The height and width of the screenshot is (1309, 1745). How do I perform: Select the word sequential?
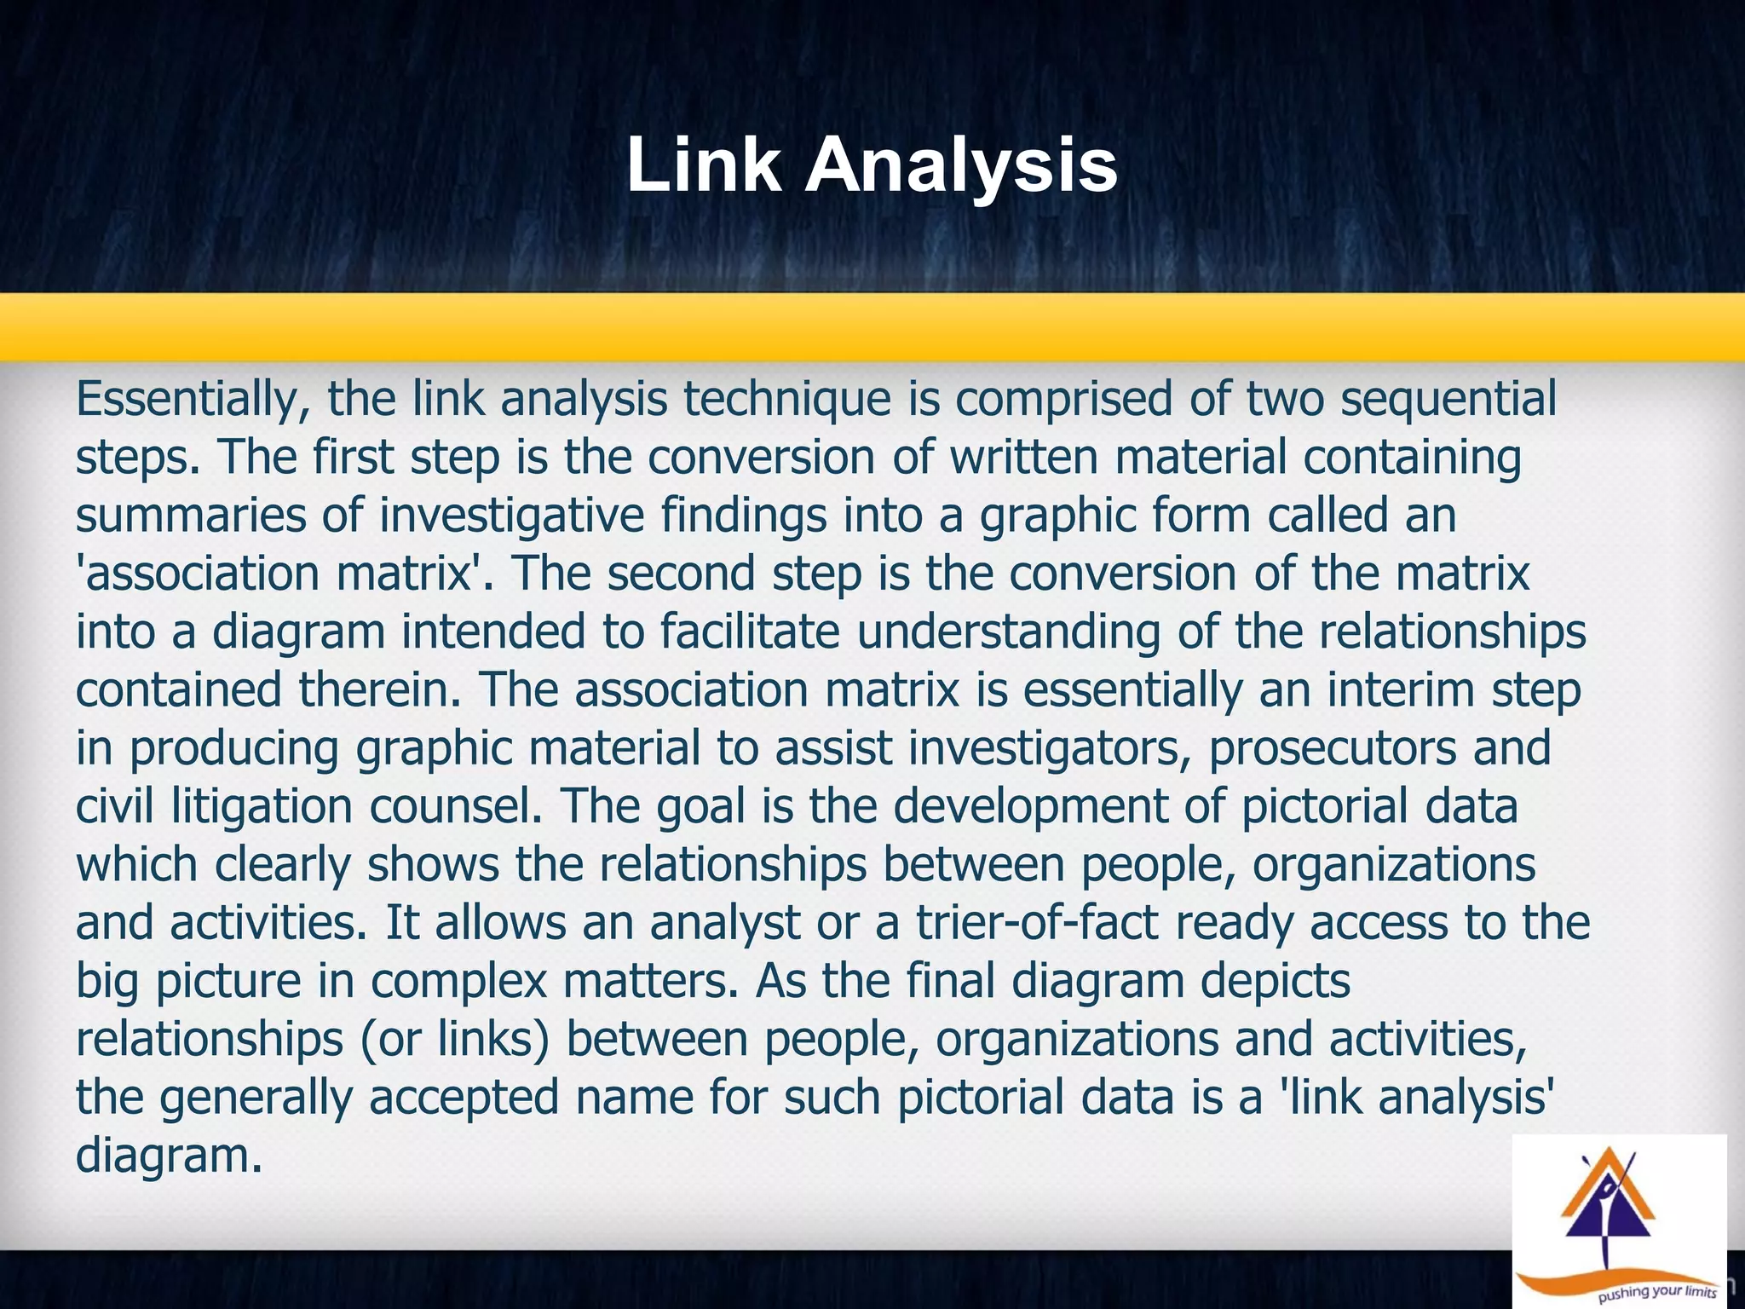[1448, 399]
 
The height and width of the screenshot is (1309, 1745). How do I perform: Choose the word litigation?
[262, 806]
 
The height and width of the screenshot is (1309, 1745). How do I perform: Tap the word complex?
[458, 981]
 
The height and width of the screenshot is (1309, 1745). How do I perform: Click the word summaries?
[190, 516]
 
